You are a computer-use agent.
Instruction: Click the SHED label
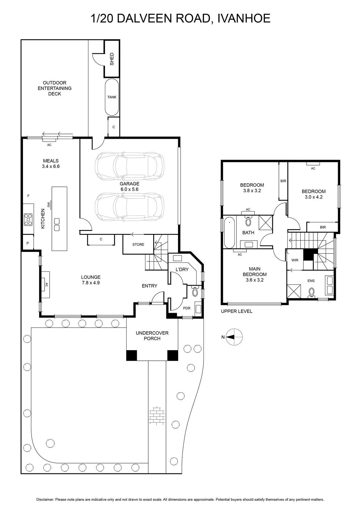[112, 59]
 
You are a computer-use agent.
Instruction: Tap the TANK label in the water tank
[112, 97]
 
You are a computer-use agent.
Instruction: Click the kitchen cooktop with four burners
[28, 220]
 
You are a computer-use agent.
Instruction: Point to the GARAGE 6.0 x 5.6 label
[129, 186]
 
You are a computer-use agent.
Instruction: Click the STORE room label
[138, 245]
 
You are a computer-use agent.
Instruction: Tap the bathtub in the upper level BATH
[229, 232]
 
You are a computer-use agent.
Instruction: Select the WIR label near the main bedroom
[295, 260]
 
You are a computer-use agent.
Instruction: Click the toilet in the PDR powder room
[195, 291]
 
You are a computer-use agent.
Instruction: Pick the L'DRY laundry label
[182, 269]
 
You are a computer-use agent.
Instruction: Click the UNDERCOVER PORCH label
[152, 336]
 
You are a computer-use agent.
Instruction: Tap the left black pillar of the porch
[132, 355]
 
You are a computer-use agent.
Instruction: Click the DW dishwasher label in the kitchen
[49, 205]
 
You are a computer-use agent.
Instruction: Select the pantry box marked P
[28, 243]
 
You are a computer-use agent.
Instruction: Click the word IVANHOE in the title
[244, 18]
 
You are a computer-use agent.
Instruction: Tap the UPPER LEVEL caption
[237, 311]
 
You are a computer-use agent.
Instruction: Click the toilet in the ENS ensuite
[312, 293]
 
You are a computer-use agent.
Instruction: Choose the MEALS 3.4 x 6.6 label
[51, 164]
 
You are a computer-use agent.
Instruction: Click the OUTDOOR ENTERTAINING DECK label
[54, 88]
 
